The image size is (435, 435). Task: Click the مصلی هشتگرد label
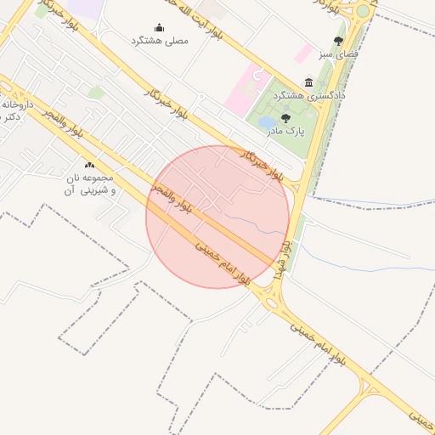159,40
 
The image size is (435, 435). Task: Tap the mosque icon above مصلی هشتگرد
159,28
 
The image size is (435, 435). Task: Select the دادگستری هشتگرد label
308,96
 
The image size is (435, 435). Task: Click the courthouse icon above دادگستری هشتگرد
308,83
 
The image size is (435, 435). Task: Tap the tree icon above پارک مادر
285,119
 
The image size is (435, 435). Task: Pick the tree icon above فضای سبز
338,41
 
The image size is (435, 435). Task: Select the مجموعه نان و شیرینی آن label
90,185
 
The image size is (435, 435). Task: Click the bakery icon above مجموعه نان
90,165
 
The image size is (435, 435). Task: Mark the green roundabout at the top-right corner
364,11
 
